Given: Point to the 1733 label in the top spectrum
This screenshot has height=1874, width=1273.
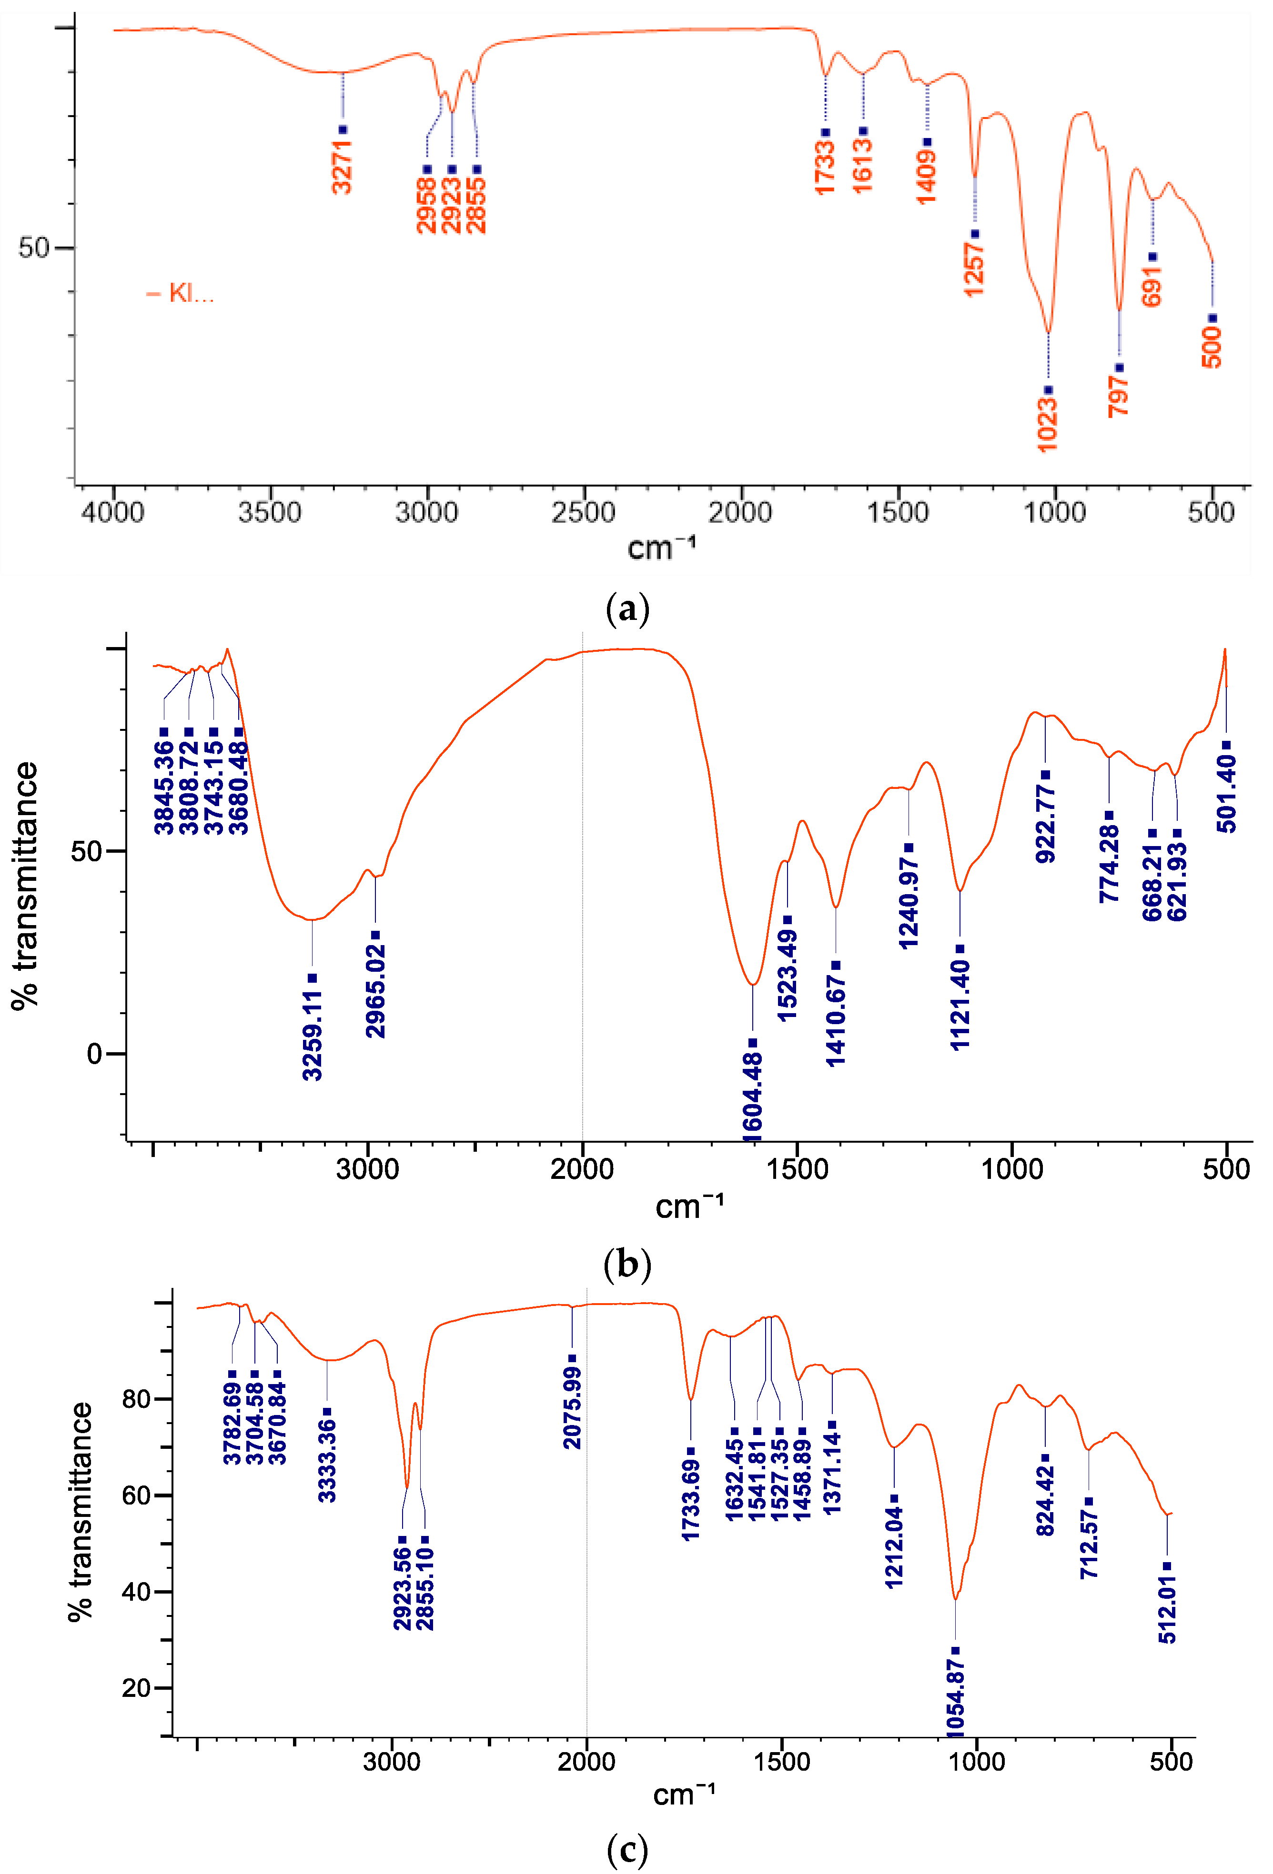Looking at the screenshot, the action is [825, 167].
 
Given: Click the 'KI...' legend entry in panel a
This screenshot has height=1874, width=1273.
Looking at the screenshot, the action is [191, 293].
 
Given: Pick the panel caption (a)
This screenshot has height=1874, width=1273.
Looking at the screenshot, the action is [627, 609].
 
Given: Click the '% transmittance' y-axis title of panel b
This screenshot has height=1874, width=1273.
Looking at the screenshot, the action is [26, 886].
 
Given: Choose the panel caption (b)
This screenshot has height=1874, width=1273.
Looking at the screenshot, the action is [627, 1265].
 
